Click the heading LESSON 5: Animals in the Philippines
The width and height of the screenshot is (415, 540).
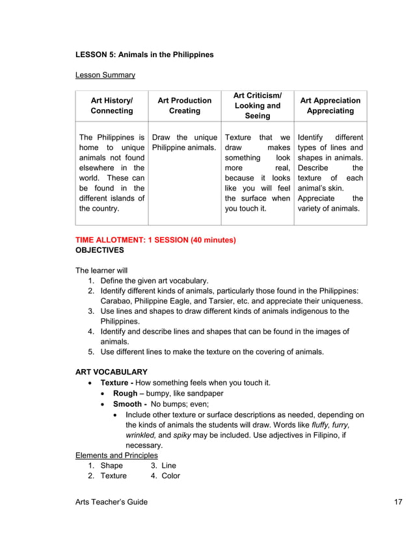(x=144, y=55)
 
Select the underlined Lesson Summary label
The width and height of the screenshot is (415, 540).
(x=105, y=75)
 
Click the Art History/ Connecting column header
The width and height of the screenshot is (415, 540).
(x=112, y=106)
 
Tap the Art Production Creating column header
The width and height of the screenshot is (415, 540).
(x=185, y=106)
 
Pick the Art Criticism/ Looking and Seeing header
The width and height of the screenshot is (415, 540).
(x=258, y=106)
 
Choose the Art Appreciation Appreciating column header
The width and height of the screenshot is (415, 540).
(x=330, y=106)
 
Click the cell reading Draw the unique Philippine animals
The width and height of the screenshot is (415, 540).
(x=185, y=143)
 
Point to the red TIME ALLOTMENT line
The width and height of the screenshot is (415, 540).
(x=155, y=240)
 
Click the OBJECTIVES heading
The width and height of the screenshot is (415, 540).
(x=100, y=250)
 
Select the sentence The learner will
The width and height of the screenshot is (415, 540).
(x=102, y=270)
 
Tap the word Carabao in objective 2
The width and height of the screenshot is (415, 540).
(x=116, y=301)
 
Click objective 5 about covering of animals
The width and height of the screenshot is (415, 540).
(x=211, y=352)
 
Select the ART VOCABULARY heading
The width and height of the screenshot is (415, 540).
(x=111, y=372)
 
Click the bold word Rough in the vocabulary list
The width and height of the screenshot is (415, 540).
(x=125, y=394)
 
